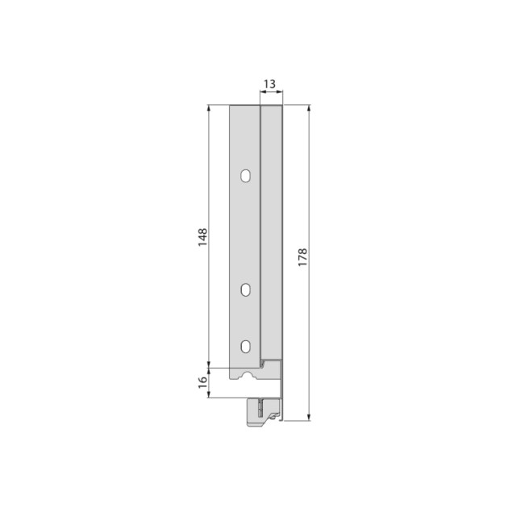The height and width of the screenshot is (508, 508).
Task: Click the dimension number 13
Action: click(x=270, y=83)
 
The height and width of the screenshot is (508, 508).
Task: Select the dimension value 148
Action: click(x=202, y=237)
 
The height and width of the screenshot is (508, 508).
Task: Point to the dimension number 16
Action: click(x=202, y=379)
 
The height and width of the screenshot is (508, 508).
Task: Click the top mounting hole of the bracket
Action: click(x=245, y=175)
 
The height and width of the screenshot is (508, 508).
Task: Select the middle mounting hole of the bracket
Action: click(x=245, y=289)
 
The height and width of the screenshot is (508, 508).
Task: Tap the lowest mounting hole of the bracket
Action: click(x=245, y=347)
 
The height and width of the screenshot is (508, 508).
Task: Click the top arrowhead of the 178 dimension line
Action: click(x=309, y=108)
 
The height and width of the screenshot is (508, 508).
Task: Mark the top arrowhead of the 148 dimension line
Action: click(x=210, y=108)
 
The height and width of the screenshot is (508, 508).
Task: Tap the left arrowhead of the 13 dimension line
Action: click(x=261, y=94)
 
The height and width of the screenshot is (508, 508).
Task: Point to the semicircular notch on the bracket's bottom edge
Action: click(x=244, y=377)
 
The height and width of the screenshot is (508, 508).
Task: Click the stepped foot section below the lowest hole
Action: click(x=266, y=373)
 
